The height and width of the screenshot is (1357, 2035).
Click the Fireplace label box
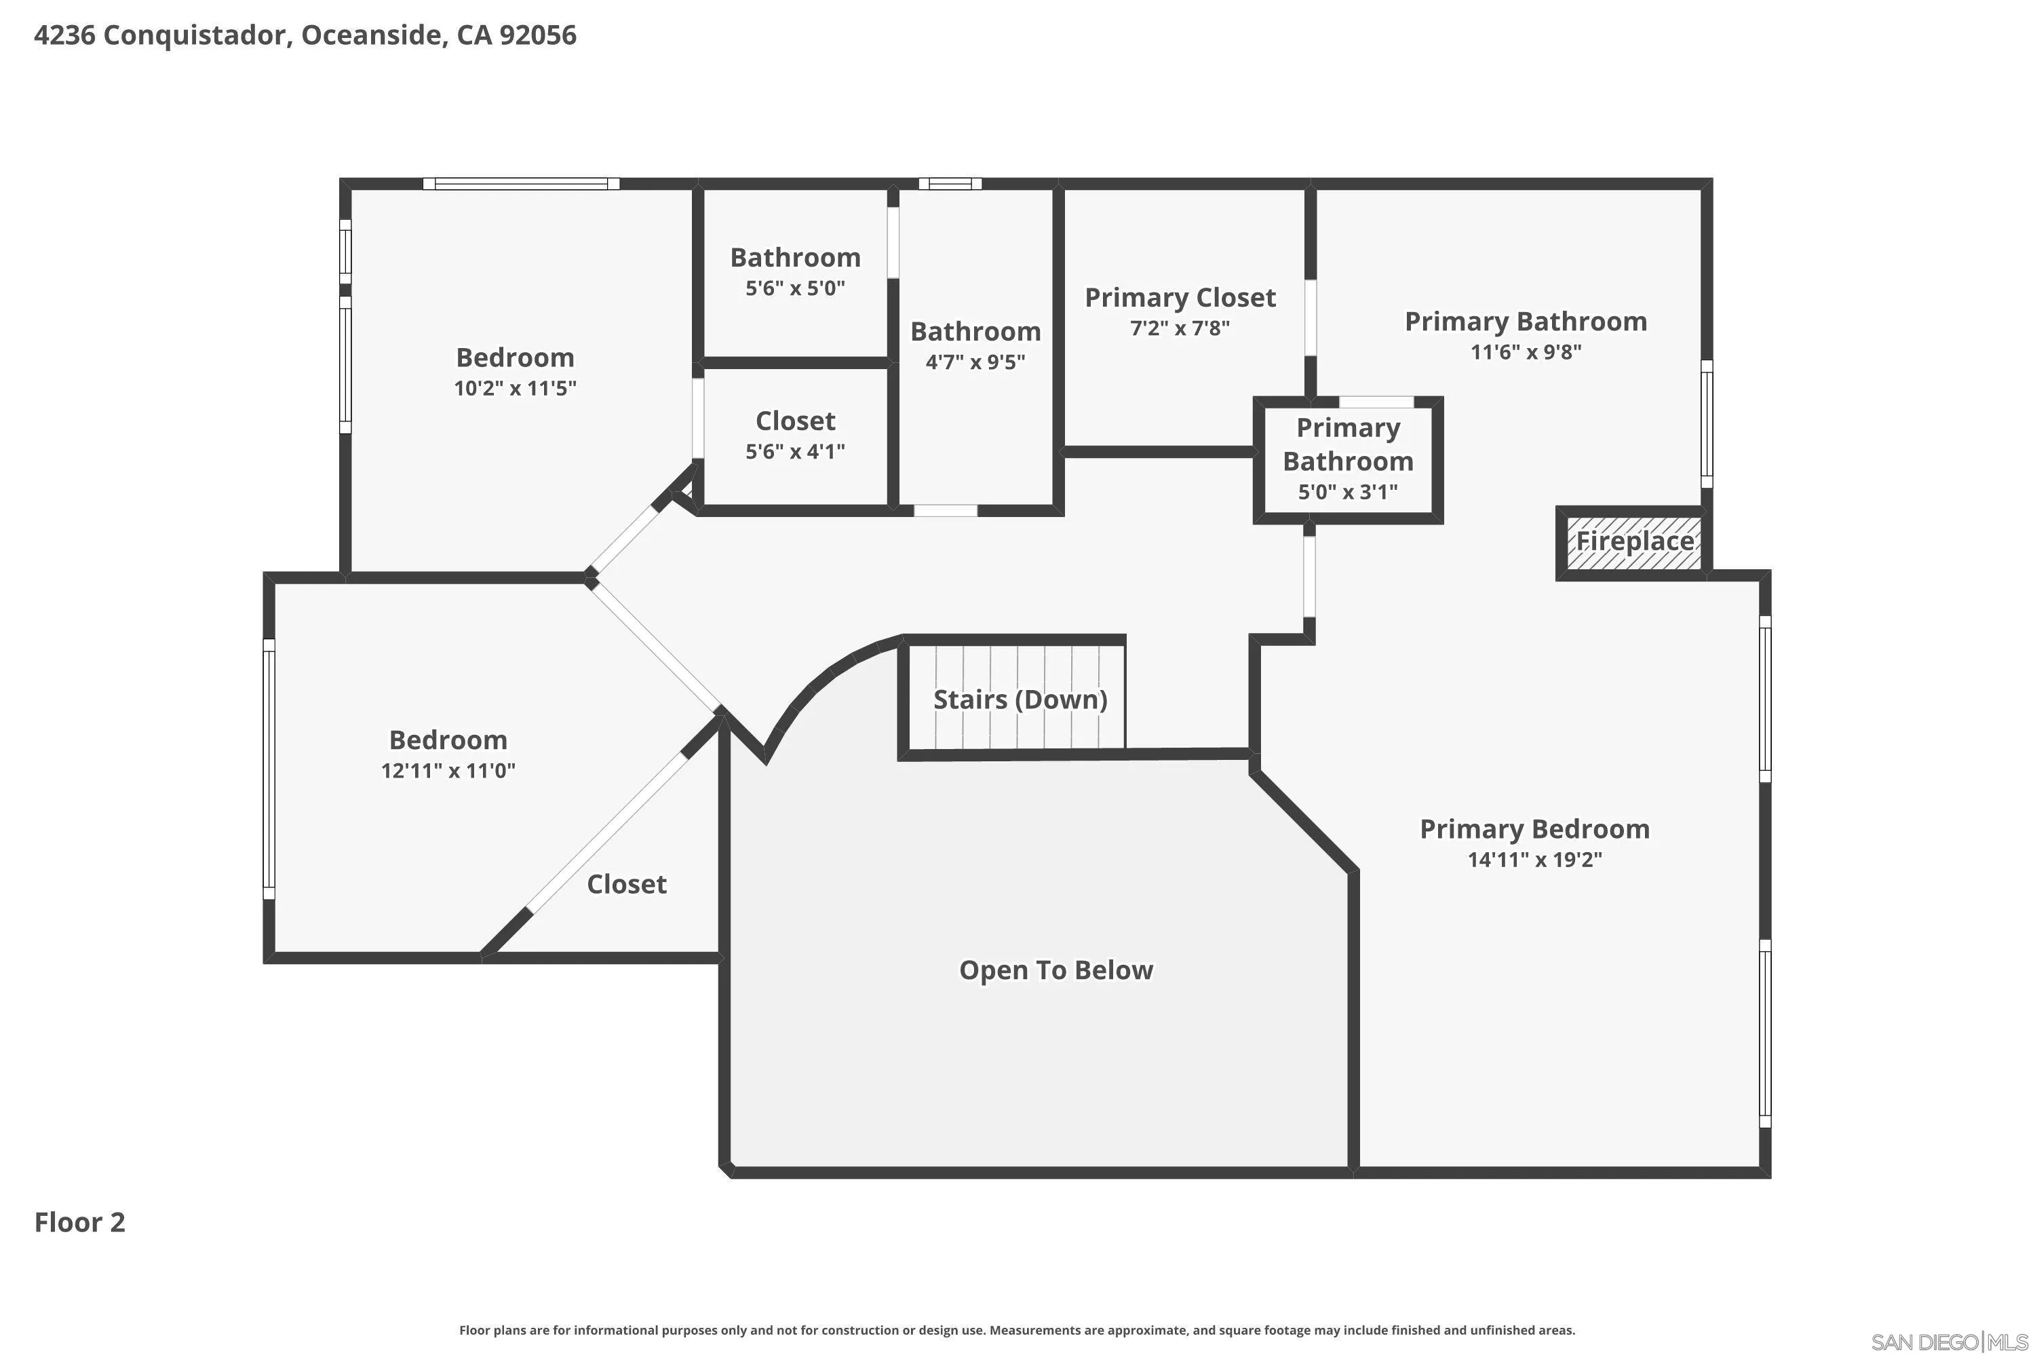click(1633, 543)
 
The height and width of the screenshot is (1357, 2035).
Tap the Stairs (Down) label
click(1020, 700)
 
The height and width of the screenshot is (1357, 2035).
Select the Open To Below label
click(1055, 970)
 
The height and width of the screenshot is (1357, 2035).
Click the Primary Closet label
click(1180, 298)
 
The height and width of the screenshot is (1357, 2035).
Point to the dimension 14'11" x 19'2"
click(1535, 860)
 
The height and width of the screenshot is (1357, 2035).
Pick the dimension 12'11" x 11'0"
click(448, 770)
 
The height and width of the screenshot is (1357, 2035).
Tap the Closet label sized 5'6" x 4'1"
click(795, 421)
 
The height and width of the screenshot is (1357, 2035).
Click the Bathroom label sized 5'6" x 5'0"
click(795, 258)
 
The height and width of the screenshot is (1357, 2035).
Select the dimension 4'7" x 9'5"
click(975, 362)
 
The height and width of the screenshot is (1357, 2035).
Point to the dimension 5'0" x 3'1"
click(1348, 493)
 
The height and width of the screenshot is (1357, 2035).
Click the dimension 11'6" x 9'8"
click(1526, 352)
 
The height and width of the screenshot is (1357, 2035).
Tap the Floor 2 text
click(79, 1222)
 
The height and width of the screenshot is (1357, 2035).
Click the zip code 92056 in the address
click(537, 35)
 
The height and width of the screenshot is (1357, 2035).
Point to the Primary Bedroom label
click(1535, 829)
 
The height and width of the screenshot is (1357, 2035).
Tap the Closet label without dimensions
click(626, 885)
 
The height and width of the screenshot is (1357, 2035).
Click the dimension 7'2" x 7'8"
click(1180, 328)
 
